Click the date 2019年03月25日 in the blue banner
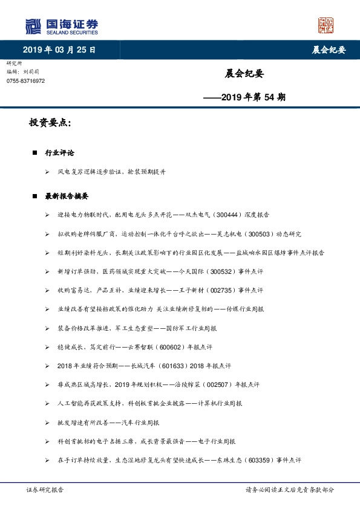pos(59,50)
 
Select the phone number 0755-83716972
pos(25,80)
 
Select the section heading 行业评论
pos(59,153)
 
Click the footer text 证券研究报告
pos(45,490)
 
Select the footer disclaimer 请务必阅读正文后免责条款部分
pos(289,490)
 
